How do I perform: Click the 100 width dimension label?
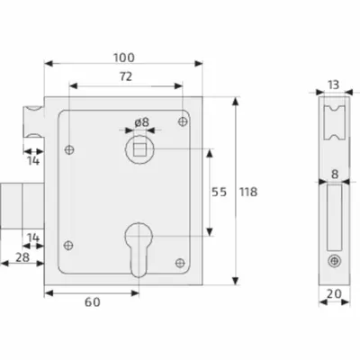pos(124,58)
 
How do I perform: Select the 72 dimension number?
pos(126,76)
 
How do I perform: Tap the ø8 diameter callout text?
pos(141,122)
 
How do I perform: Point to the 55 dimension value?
pos(219,192)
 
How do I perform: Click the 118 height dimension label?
pos(248,192)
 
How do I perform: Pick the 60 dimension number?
pos(93,302)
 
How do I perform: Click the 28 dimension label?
pos(22,257)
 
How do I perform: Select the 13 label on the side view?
pos(333,85)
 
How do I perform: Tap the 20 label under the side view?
pos(334,294)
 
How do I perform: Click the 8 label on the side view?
pos(335,174)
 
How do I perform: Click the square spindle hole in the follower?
pos(139,149)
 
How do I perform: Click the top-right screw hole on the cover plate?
pos(183,121)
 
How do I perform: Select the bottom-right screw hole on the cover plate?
pos(180,263)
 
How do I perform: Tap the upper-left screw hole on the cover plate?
pos(69,149)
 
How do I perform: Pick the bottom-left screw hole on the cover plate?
pos(68,246)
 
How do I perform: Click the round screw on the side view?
pos(334,260)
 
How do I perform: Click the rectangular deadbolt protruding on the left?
pos(22,206)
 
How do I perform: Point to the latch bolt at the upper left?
pos(34,121)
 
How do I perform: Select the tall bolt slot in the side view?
pos(334,218)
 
